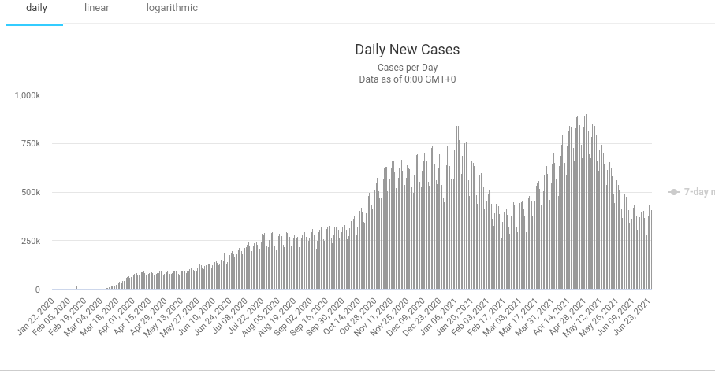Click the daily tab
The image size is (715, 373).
[x=36, y=8]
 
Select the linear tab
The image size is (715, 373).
[x=97, y=8]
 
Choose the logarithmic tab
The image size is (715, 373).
[x=172, y=8]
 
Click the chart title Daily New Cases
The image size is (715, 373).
[x=407, y=50]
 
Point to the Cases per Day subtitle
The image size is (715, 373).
[x=407, y=68]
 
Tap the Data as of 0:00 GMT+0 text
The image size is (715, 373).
[x=407, y=79]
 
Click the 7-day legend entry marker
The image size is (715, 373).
[x=674, y=192]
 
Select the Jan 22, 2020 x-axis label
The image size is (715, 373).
[x=36, y=314]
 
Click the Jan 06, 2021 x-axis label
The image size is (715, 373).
[x=440, y=314]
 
